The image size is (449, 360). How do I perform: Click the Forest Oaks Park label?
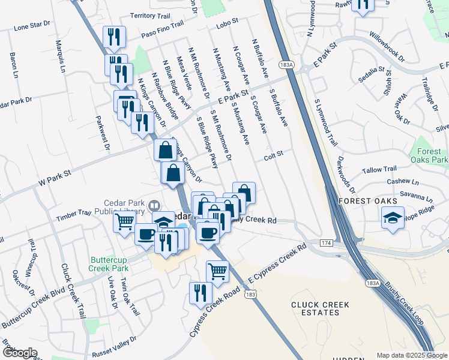coord(430,155)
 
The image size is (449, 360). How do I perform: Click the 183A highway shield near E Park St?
coord(286,64)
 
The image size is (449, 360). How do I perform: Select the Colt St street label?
coord(273,158)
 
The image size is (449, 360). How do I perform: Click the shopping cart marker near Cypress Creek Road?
coord(217,270)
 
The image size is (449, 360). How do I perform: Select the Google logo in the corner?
coord(20,352)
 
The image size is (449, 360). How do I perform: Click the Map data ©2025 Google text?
coord(412,355)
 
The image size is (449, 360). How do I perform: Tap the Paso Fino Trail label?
coord(162,31)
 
